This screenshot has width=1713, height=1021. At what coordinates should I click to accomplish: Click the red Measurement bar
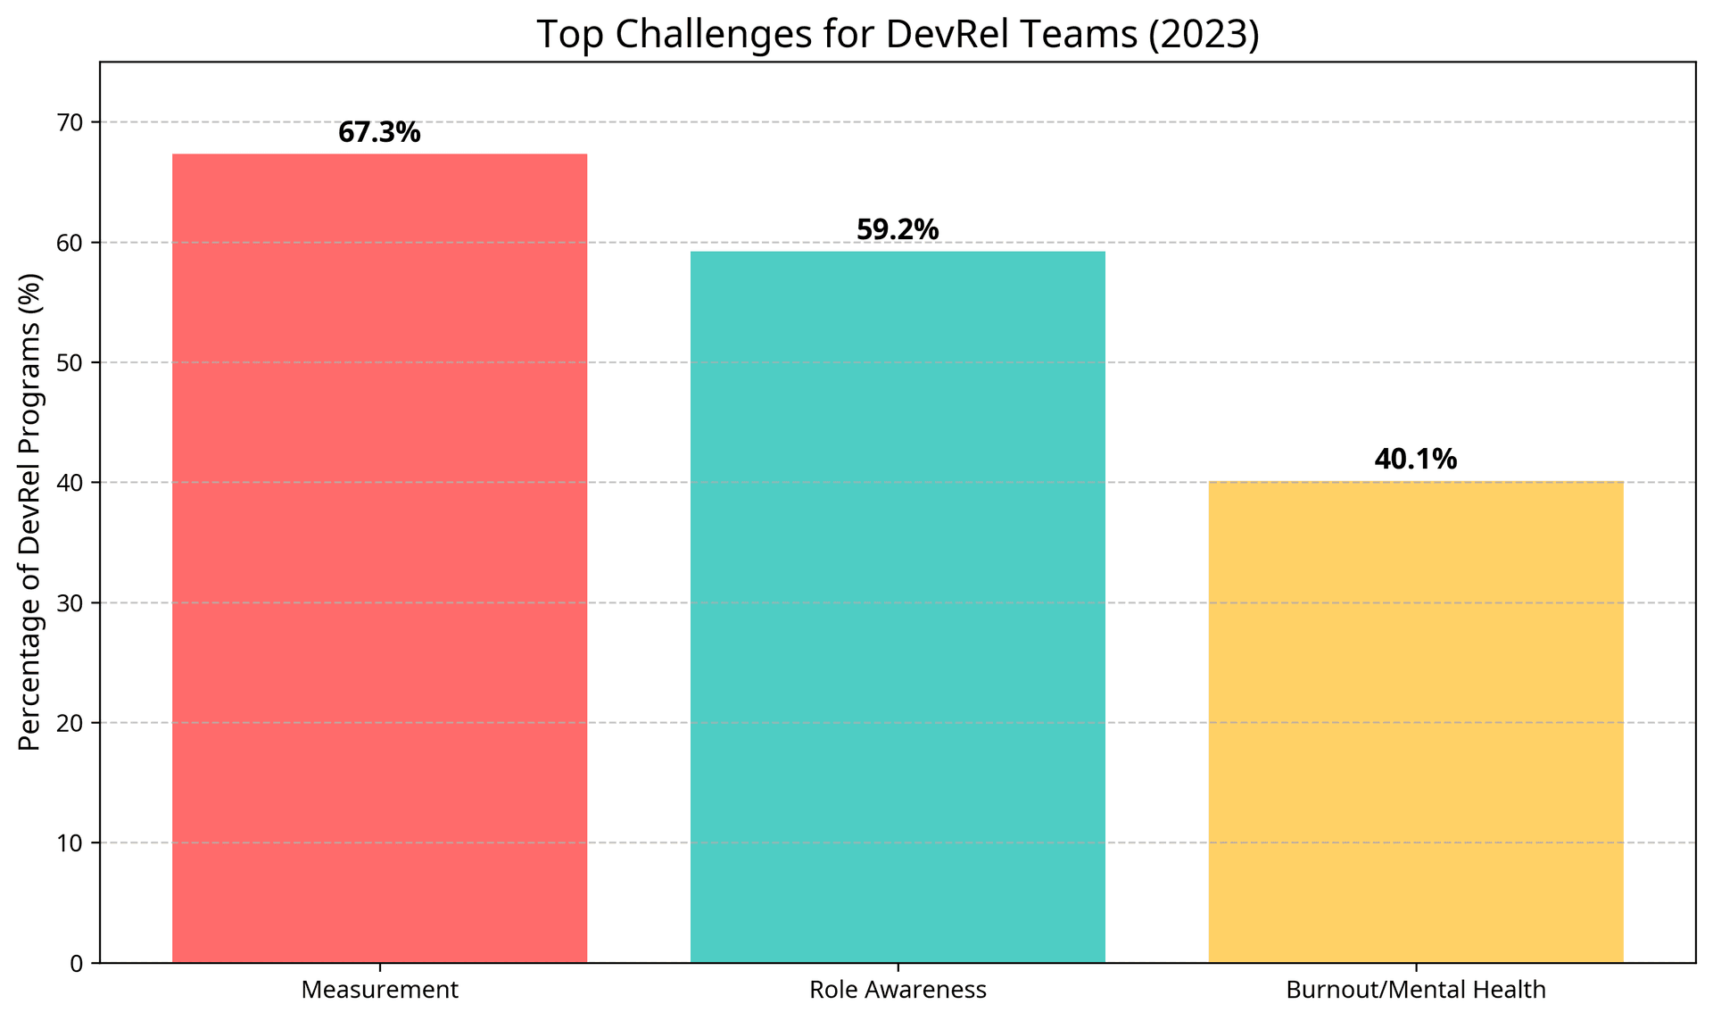[x=379, y=558]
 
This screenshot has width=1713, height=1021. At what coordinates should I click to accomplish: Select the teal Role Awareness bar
[x=898, y=607]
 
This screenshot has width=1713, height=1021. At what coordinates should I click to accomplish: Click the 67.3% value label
[x=379, y=133]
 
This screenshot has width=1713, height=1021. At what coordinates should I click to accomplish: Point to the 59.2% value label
[x=898, y=230]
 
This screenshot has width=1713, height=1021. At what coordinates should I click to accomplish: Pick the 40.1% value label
[x=1416, y=460]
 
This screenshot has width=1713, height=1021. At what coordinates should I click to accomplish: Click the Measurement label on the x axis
[x=380, y=990]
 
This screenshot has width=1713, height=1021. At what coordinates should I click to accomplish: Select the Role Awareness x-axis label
[x=898, y=990]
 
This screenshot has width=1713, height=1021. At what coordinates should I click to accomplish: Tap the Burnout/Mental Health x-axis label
[x=1416, y=990]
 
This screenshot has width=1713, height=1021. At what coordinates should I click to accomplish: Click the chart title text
[x=898, y=35]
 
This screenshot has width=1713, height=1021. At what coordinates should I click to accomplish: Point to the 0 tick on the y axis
[x=76, y=964]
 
